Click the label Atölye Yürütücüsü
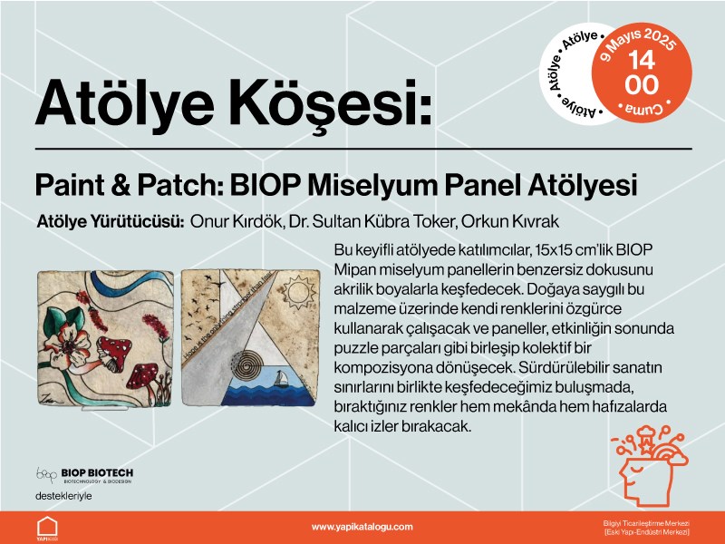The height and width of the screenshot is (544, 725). pos(111,221)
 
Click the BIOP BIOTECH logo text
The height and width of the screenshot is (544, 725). pos(97,472)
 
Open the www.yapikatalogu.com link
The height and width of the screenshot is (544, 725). pos(362,526)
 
